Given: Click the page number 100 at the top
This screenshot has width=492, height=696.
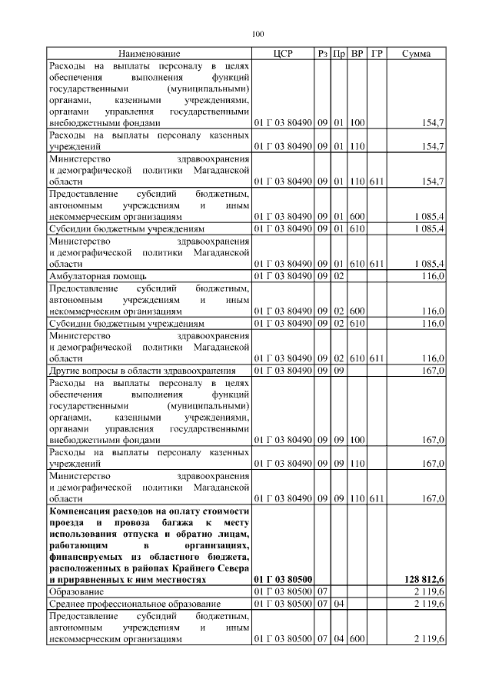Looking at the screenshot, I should [258, 33].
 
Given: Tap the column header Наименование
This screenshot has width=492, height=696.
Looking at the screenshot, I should [149, 54].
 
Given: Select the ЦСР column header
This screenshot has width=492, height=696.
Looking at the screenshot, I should [283, 54].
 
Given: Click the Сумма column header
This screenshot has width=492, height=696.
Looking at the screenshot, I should [416, 54].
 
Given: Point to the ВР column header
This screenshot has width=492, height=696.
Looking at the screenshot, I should [357, 54].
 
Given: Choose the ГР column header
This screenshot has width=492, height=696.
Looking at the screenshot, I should [377, 54].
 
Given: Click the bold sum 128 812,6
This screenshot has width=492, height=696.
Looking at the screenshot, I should [424, 578].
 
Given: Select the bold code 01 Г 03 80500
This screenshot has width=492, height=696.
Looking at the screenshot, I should [283, 578].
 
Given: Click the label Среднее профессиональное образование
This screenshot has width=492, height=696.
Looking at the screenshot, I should [135, 604].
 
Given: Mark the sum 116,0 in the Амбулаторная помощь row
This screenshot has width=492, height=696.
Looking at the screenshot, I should [431, 275].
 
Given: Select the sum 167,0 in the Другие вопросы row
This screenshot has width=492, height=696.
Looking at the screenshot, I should [431, 371].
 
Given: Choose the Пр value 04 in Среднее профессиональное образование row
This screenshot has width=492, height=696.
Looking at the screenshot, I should [338, 604].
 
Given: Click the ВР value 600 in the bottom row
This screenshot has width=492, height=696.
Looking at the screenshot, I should [357, 638].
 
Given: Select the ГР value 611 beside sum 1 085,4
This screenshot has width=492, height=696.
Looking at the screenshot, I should [377, 263].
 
